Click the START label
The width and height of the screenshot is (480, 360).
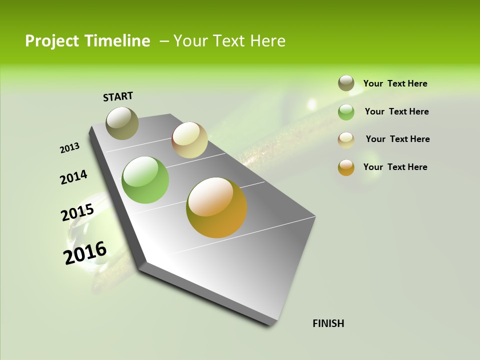click(118, 96)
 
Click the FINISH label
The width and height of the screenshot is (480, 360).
click(328, 323)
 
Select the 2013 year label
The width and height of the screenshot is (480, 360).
click(69, 148)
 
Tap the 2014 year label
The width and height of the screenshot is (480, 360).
click(73, 177)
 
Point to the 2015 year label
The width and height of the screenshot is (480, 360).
click(77, 212)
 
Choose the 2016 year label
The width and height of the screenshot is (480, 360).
click(85, 253)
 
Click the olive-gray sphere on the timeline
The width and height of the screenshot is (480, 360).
click(122, 123)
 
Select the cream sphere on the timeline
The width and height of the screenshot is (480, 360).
click(189, 140)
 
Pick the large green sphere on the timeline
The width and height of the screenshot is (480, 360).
click(145, 180)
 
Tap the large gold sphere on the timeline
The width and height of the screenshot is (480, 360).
click(216, 207)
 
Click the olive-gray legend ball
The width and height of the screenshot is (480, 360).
click(346, 83)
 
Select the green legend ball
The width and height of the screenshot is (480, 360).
click(346, 112)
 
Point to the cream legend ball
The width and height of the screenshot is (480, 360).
click(346, 140)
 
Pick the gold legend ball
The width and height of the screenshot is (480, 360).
click(346, 167)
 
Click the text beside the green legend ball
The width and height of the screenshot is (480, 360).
click(396, 111)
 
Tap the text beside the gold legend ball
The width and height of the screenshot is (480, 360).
click(395, 167)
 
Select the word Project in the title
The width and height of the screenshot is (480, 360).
click(52, 41)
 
